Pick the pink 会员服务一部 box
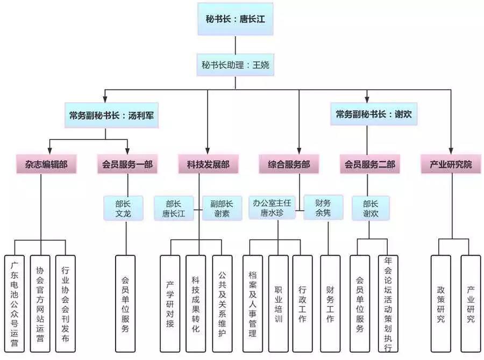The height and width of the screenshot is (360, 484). click(x=127, y=164)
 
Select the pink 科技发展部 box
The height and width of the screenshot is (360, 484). click(x=208, y=164)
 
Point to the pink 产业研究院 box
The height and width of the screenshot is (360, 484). click(x=451, y=164)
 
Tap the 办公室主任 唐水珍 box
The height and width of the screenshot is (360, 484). click(x=272, y=208)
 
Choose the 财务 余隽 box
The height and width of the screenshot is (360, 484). click(x=323, y=208)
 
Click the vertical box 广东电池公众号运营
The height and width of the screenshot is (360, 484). click(x=15, y=303)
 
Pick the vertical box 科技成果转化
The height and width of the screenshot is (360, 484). click(x=195, y=303)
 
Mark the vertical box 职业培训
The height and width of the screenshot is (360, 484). click(x=279, y=303)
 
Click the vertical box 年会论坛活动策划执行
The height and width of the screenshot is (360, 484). click(x=388, y=303)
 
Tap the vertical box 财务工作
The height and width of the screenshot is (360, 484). click(x=330, y=303)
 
